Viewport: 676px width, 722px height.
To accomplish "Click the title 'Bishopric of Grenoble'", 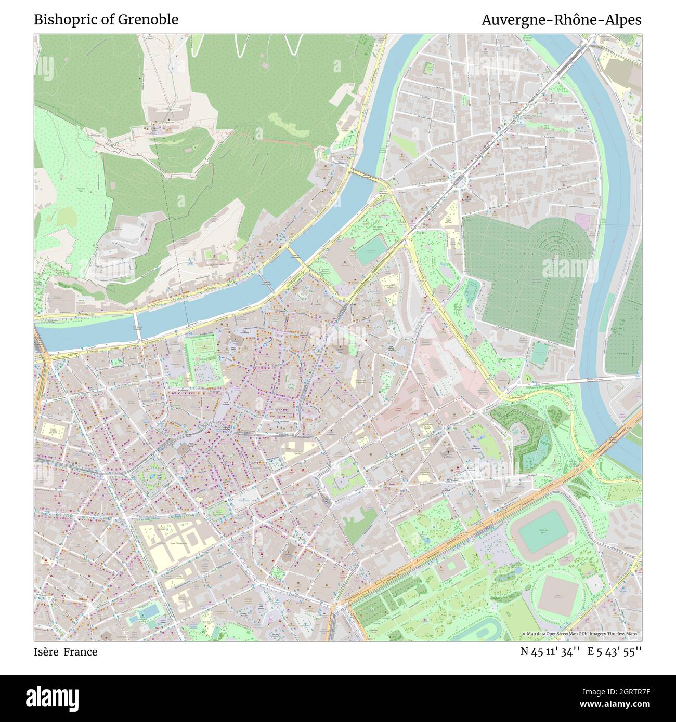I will click(x=106, y=20).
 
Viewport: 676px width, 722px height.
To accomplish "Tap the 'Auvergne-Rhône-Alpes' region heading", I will click(x=561, y=20).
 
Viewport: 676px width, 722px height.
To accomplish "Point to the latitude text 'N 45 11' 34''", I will click(x=550, y=651).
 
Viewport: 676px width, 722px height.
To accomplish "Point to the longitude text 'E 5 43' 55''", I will click(x=615, y=651).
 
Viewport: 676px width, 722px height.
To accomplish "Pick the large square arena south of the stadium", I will click(x=559, y=593).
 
